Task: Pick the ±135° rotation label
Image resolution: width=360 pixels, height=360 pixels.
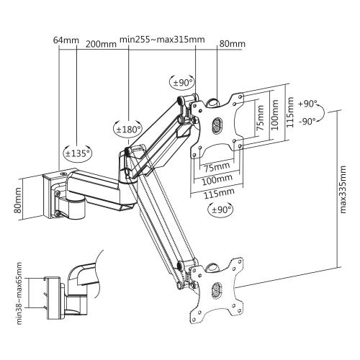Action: [x=78, y=153]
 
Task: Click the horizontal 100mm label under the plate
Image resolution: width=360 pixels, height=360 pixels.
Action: [x=216, y=179]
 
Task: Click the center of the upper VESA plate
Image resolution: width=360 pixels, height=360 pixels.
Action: [x=216, y=126]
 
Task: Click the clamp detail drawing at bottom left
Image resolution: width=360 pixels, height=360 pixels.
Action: [x=68, y=288]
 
